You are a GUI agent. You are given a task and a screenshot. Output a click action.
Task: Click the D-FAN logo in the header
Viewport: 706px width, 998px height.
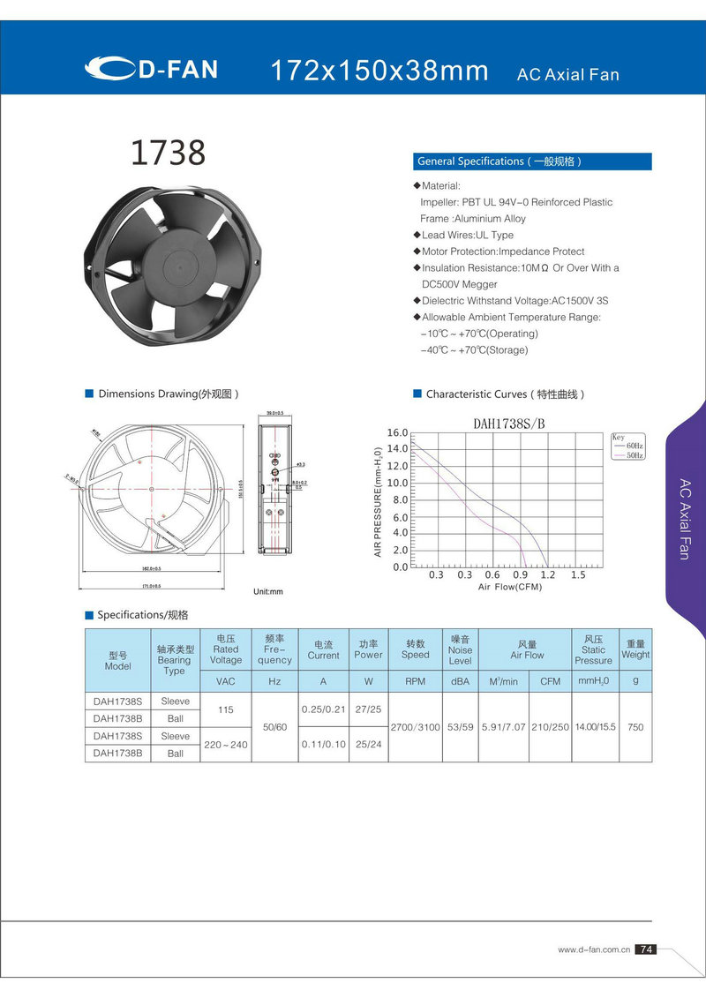click(x=152, y=69)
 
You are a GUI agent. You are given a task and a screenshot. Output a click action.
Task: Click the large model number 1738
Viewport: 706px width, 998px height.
click(x=168, y=153)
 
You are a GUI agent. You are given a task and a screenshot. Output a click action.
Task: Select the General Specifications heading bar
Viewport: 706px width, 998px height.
click(x=533, y=161)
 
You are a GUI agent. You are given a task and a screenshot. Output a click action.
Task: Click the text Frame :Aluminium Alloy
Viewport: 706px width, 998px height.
click(x=473, y=219)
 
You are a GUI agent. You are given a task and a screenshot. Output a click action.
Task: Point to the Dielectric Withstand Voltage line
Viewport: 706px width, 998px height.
click(x=514, y=301)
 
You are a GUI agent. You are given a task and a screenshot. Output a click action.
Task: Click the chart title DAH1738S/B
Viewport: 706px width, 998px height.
click(x=509, y=423)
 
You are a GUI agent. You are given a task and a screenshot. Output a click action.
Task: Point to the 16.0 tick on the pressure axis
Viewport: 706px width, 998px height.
click(x=398, y=432)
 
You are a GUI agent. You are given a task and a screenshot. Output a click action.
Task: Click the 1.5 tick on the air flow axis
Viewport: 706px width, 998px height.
click(x=578, y=574)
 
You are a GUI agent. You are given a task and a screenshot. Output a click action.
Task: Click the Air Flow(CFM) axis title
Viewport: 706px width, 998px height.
click(x=510, y=587)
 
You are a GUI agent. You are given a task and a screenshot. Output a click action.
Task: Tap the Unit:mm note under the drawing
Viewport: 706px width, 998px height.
click(x=268, y=590)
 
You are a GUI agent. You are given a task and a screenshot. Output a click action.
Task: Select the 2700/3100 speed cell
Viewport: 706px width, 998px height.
click(x=415, y=727)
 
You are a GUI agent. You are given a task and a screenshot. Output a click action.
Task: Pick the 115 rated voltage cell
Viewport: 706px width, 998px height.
click(x=226, y=709)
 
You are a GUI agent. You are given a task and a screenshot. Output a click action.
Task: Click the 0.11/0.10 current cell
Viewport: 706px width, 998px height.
click(x=323, y=745)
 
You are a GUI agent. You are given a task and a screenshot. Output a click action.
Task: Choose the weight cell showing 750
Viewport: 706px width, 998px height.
click(x=635, y=727)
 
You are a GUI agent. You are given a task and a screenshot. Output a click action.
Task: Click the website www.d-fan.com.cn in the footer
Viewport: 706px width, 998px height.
click(x=593, y=949)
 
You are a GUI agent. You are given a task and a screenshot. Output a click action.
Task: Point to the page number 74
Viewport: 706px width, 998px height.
click(x=646, y=949)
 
